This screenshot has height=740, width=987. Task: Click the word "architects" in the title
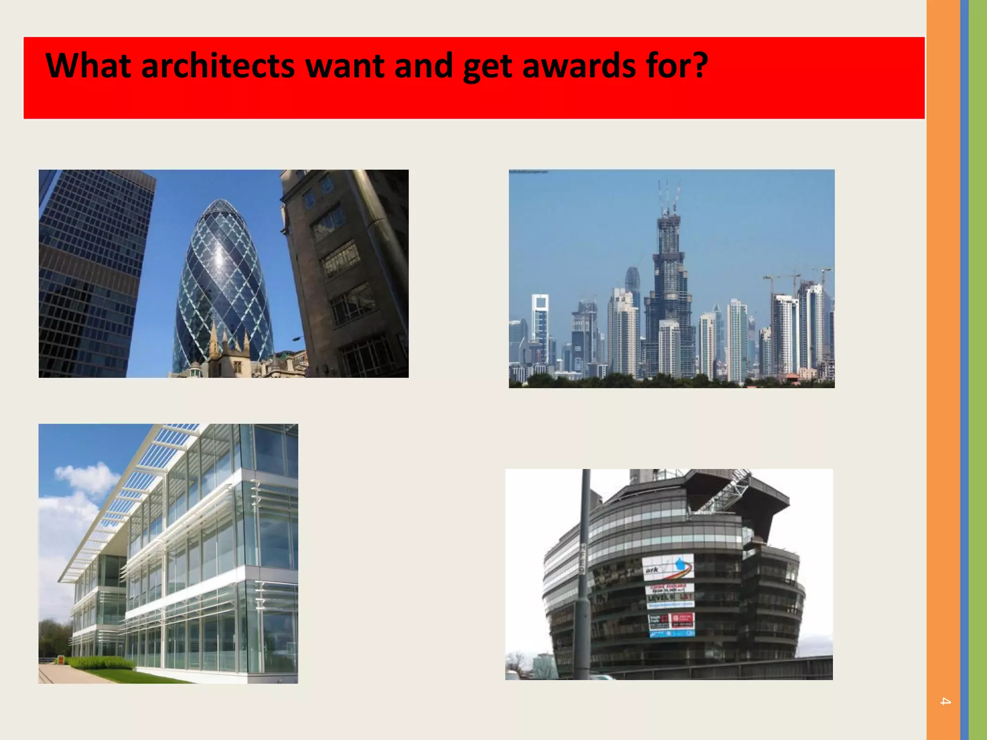click(217, 66)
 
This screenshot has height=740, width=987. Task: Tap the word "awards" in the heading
click(579, 66)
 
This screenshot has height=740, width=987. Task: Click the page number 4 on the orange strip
click(945, 701)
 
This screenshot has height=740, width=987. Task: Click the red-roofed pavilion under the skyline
click(790, 377)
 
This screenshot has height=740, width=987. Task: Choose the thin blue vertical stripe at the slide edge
click(964, 370)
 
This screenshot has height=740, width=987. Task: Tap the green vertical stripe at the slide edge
click(978, 370)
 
